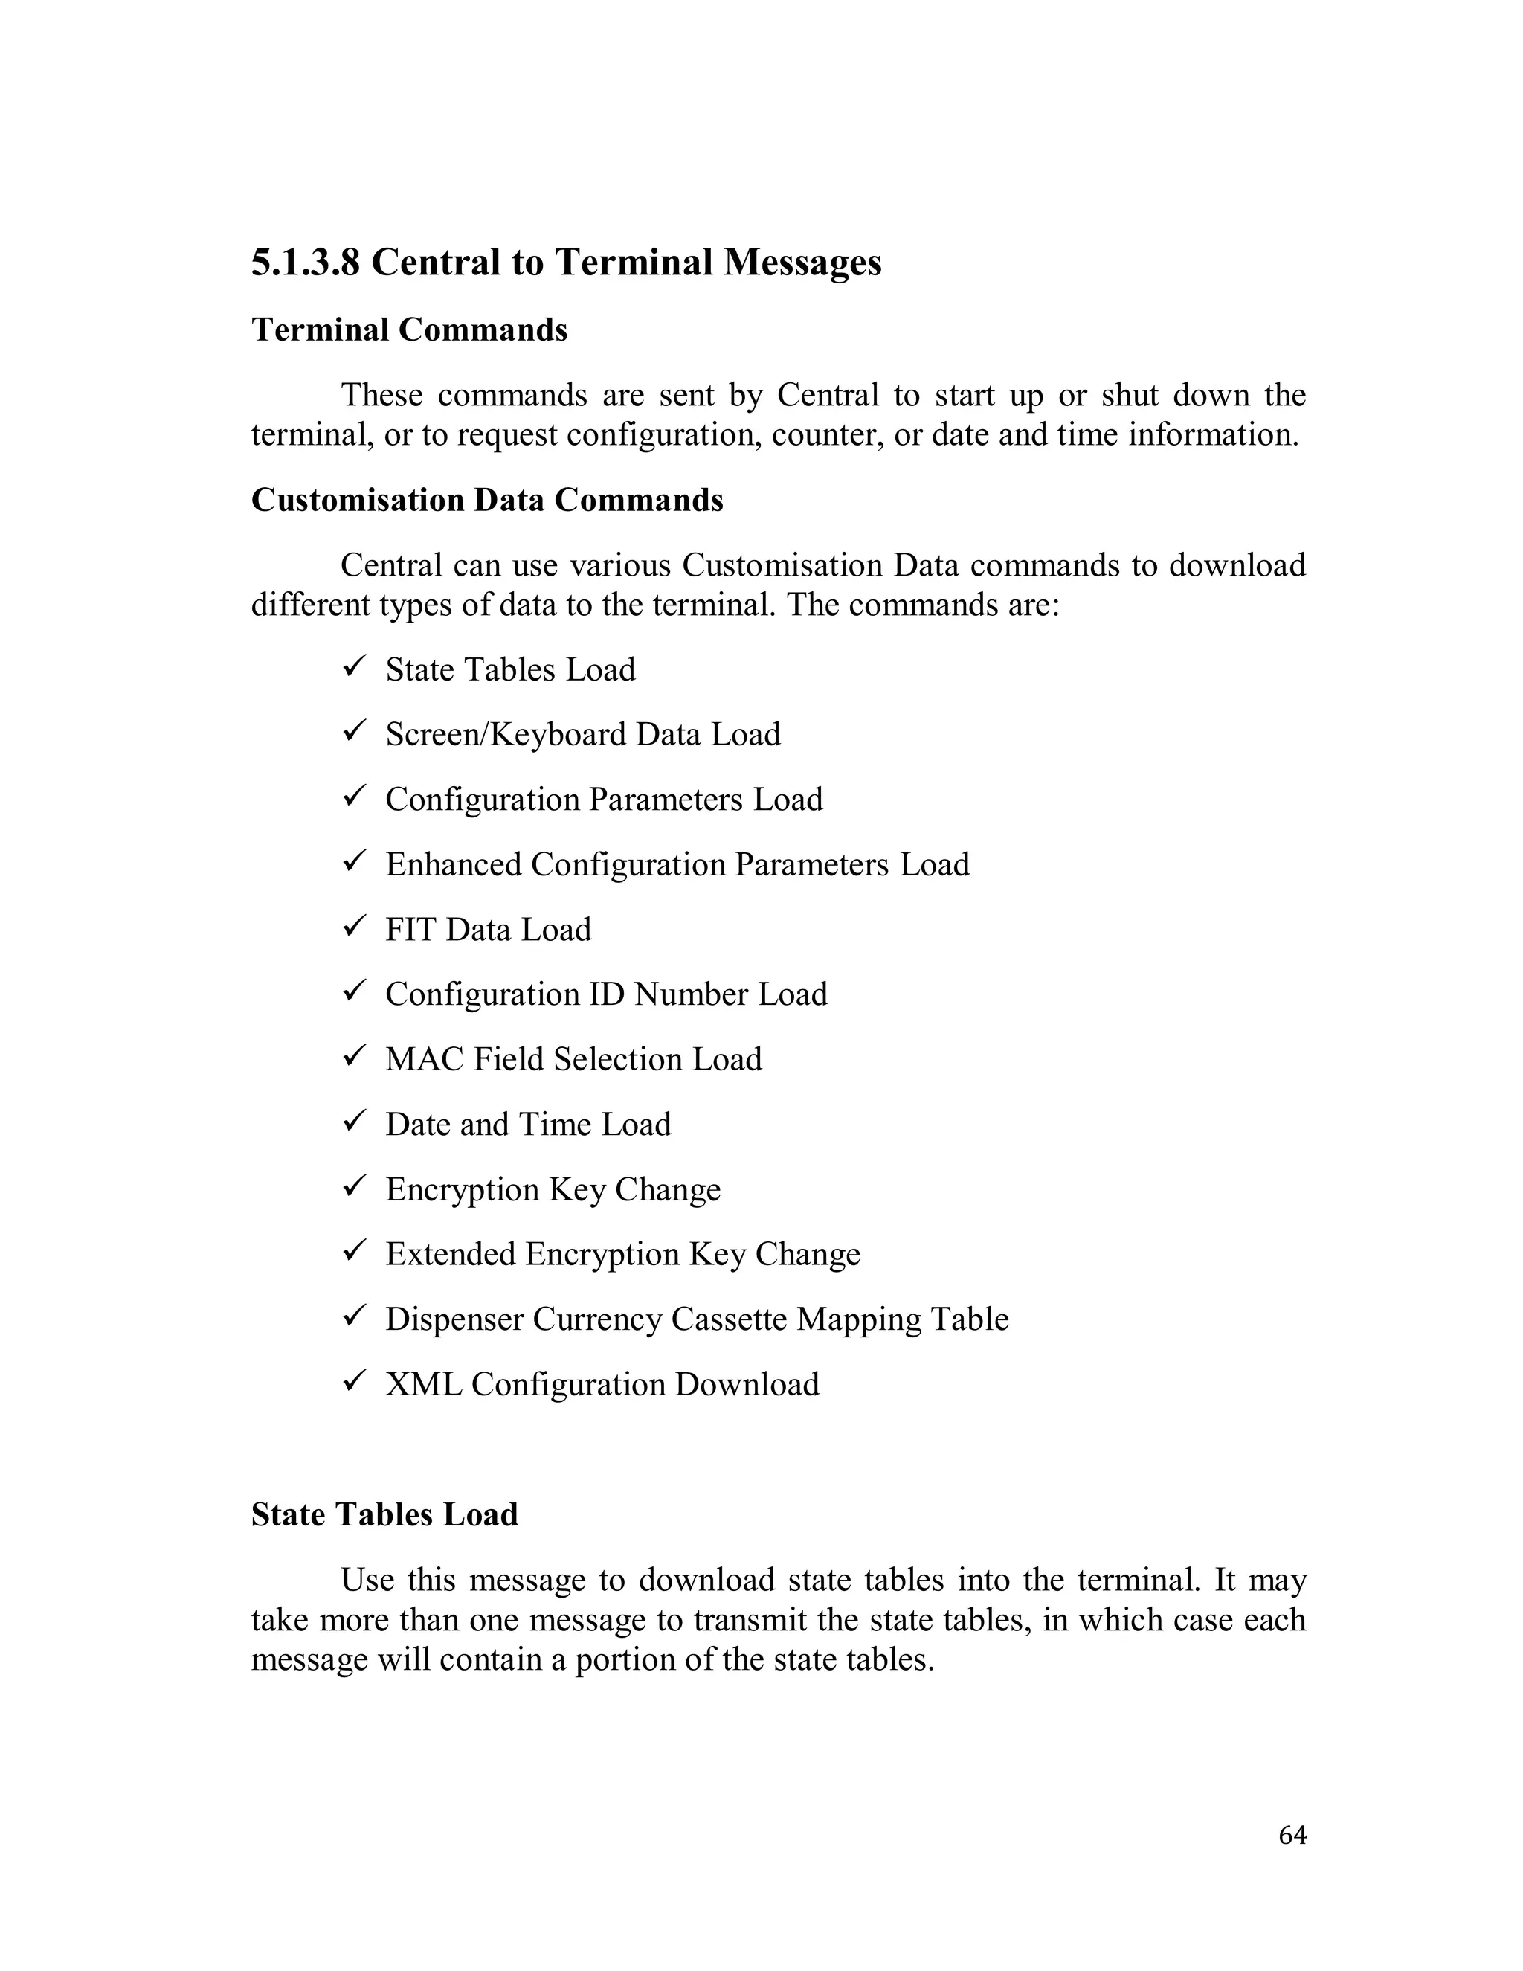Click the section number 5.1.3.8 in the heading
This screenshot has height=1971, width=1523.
[305, 263]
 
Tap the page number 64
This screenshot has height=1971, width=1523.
[1292, 1835]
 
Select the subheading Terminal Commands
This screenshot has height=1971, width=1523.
[409, 330]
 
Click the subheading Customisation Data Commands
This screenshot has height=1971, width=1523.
[486, 500]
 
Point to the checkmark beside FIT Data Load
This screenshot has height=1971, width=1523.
[352, 926]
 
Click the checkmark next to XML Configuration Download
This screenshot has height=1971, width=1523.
[352, 1380]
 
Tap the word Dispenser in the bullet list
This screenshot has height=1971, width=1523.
[453, 1319]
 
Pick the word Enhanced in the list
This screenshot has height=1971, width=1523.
[453, 864]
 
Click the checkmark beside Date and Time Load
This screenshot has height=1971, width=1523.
[352, 1121]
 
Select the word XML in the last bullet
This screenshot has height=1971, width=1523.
[423, 1384]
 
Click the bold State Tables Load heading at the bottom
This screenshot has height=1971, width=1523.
[384, 1515]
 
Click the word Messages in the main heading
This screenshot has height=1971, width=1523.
[802, 263]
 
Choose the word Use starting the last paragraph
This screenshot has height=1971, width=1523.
[367, 1581]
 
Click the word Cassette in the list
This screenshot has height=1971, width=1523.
[728, 1319]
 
